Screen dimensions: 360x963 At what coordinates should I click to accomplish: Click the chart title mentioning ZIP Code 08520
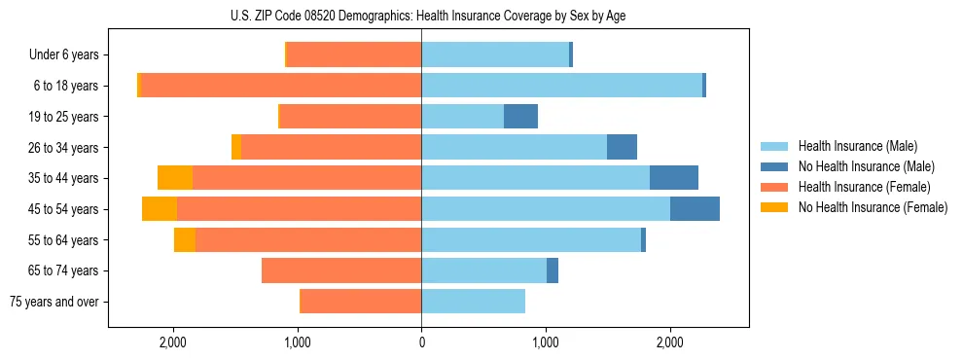(x=421, y=16)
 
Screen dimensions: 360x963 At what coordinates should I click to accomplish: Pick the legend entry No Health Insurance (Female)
(x=873, y=207)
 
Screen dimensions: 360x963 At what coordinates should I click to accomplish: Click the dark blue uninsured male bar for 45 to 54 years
(x=695, y=209)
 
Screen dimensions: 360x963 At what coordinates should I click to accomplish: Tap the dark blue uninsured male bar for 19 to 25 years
(x=520, y=117)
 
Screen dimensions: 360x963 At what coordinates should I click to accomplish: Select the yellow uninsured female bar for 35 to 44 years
(x=175, y=178)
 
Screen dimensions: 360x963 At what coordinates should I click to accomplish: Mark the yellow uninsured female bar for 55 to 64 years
(x=185, y=240)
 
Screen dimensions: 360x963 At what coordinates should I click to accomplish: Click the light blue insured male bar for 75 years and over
(x=473, y=302)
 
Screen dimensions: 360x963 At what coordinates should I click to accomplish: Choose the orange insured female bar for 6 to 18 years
(x=281, y=86)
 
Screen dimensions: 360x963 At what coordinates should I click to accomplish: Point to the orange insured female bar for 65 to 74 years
(x=341, y=270)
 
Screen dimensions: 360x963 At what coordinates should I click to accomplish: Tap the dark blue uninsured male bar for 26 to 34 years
(x=622, y=148)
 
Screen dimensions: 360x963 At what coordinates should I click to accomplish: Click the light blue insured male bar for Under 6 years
(x=495, y=55)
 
